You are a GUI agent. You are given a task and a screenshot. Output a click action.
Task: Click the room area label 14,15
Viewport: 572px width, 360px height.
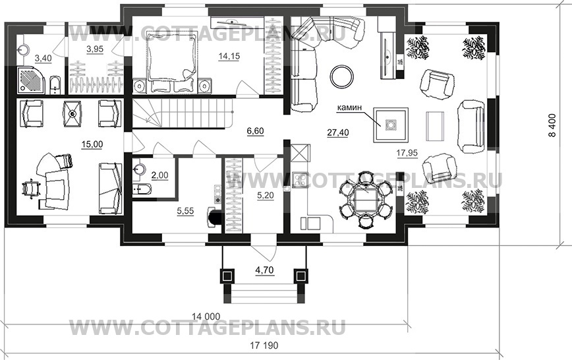229,57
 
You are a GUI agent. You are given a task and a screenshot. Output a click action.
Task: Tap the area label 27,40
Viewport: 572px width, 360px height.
337,133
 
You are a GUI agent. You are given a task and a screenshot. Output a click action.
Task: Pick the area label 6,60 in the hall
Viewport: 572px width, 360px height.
255,131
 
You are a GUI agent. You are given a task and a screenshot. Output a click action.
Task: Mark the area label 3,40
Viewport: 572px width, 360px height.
43,59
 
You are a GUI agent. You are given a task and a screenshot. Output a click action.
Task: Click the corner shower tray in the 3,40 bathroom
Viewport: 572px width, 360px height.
30,80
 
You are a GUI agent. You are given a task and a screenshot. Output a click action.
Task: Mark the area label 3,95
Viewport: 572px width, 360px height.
97,49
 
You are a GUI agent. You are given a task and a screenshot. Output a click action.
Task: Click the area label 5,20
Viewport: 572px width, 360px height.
264,196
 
